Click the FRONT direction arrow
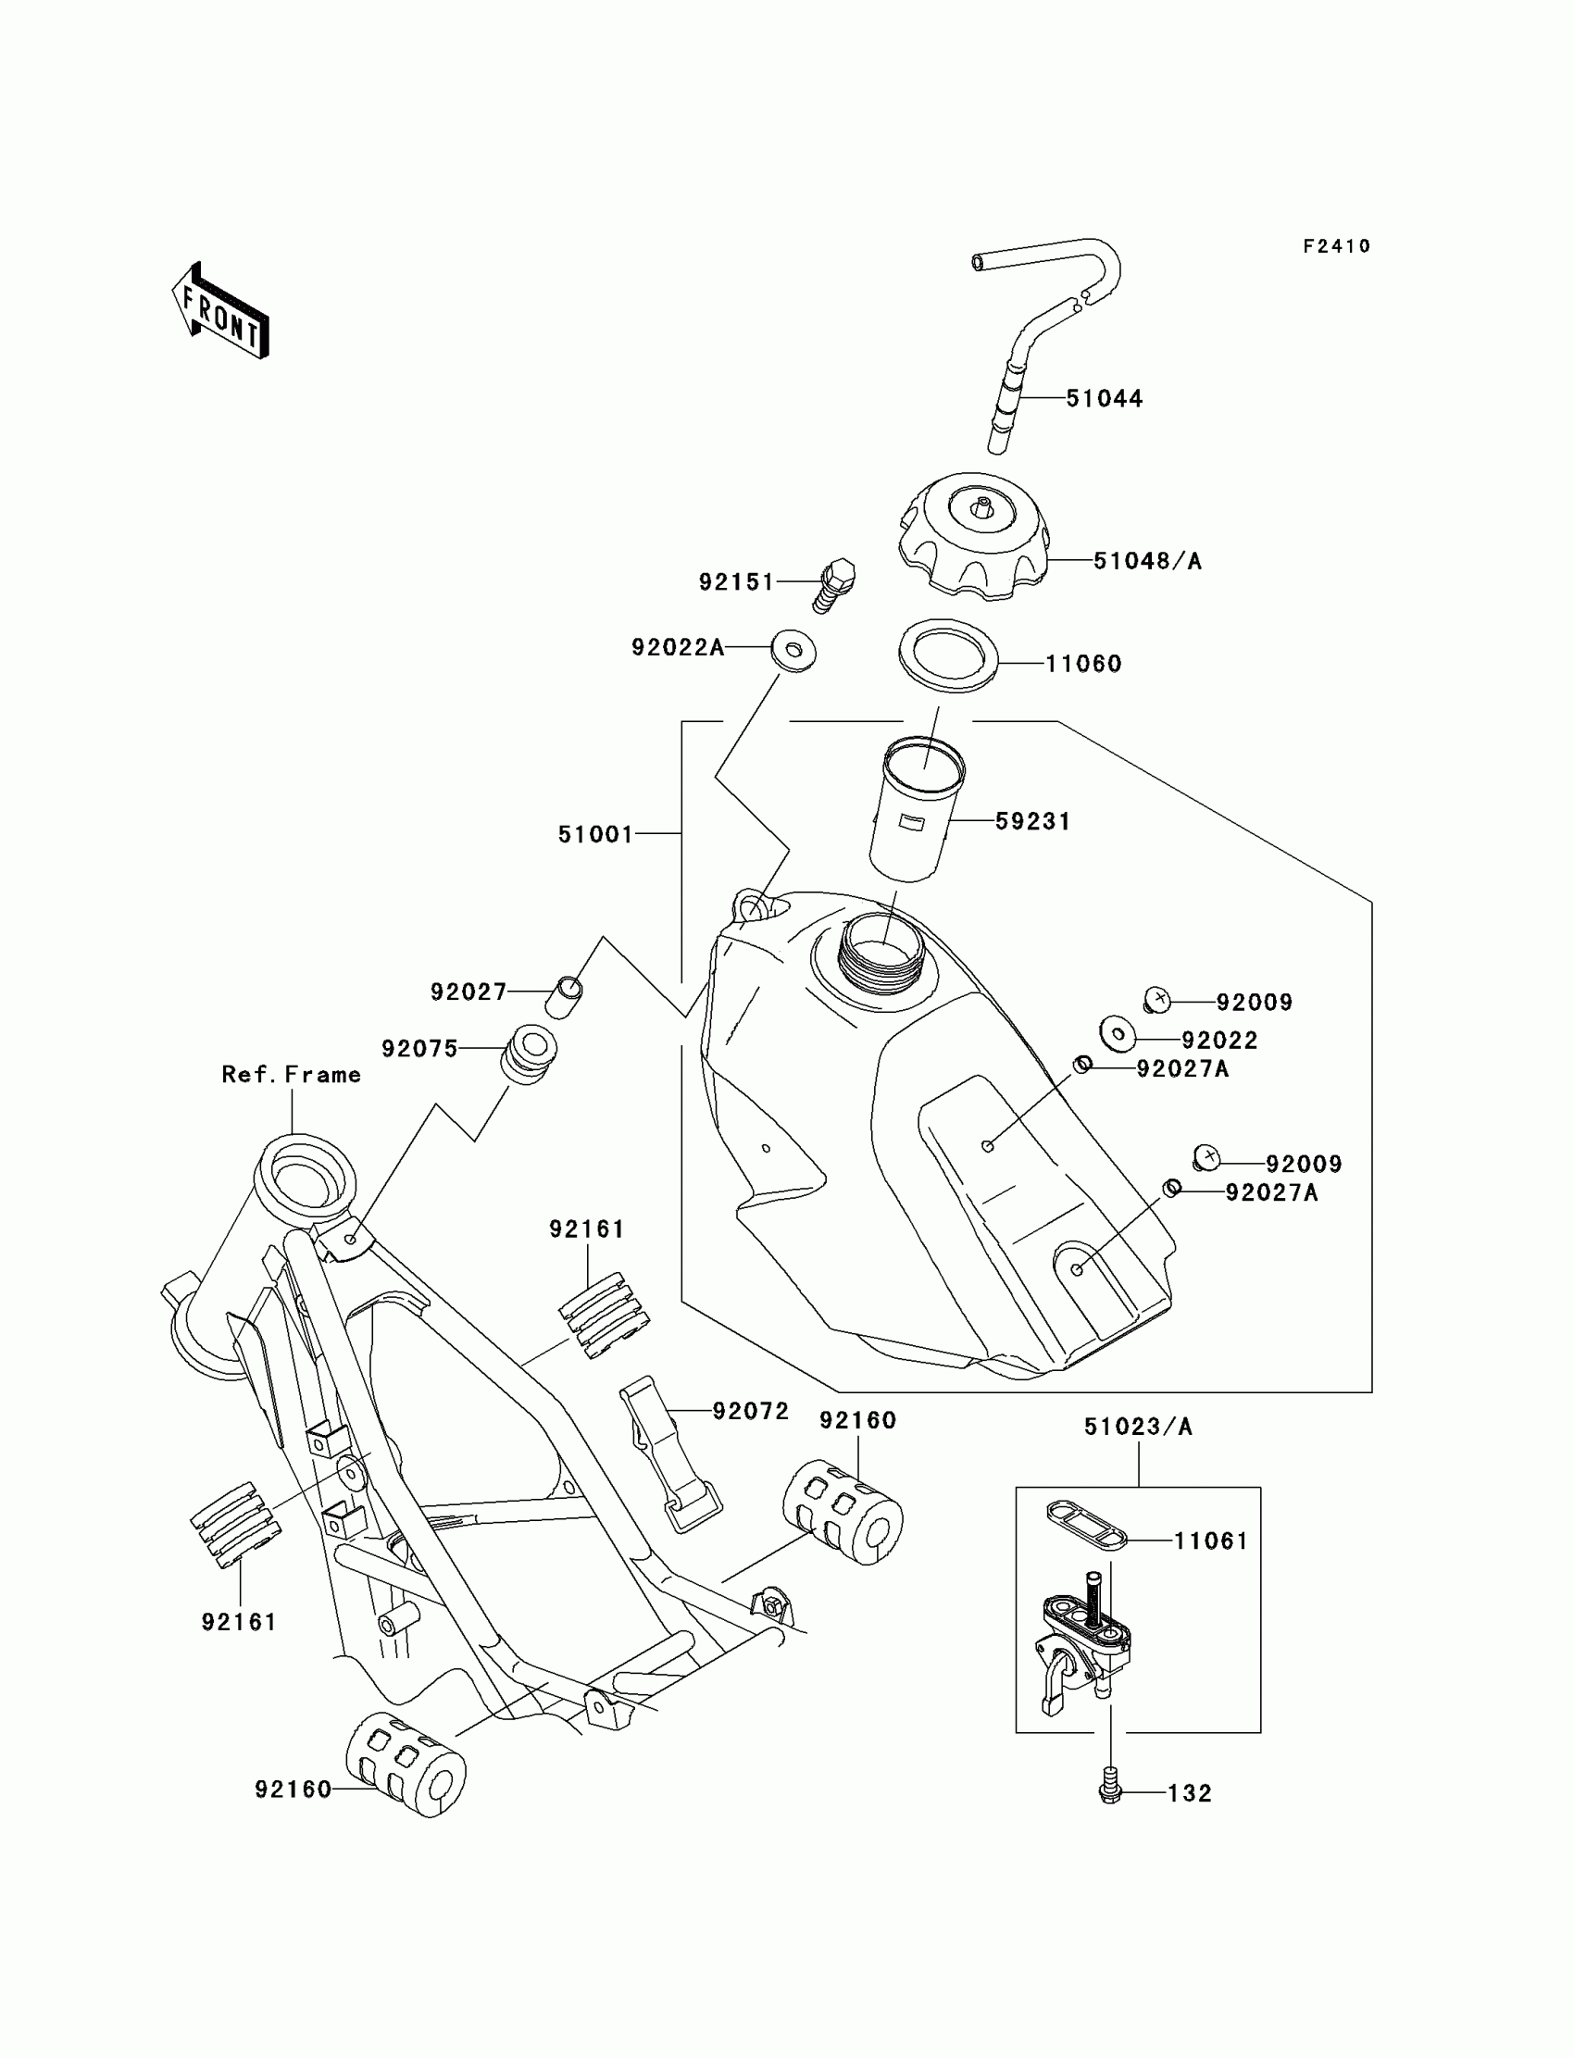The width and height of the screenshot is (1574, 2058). pos(221,312)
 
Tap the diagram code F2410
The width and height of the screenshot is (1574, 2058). pos(1336,246)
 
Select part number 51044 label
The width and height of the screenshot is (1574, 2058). pos(1104,399)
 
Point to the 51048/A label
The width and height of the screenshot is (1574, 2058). pos(1148,561)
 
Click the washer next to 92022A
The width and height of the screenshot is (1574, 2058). pos(793,649)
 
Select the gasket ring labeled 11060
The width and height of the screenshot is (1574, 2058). pos(947,655)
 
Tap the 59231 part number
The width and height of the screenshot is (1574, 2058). pos(1032,821)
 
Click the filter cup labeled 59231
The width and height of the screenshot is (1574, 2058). pos(918,810)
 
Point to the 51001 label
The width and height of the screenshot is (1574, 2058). pos(596,835)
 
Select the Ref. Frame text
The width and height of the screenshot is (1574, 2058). pos(292,1075)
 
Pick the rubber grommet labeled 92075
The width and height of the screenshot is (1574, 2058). pos(530,1054)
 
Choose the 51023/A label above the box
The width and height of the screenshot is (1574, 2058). pos(1137,1427)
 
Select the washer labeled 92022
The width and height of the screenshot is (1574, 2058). pos(1118,1033)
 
